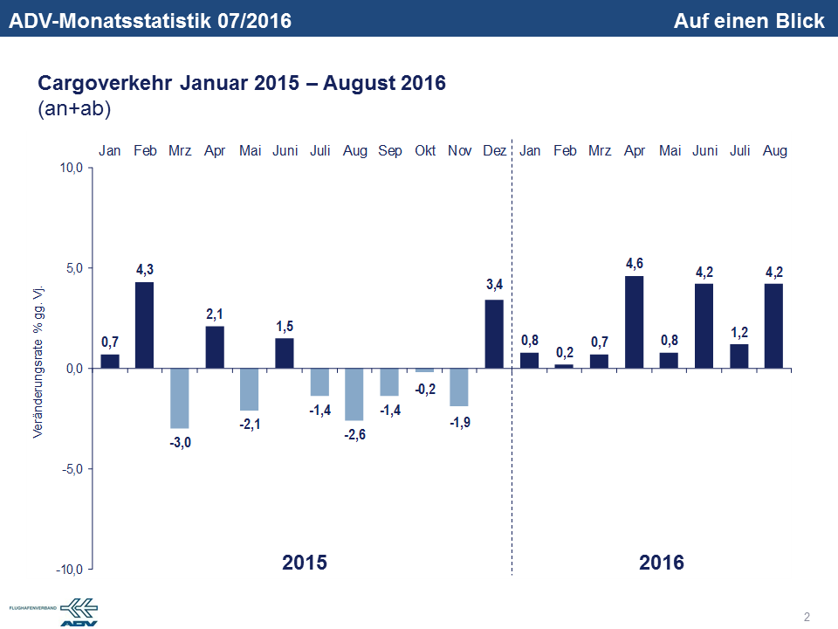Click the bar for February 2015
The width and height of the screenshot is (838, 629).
pos(145,324)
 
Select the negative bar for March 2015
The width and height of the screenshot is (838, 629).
pos(180,397)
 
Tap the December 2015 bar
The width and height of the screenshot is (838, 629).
pos(494,334)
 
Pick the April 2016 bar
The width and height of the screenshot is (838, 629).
pos(635,321)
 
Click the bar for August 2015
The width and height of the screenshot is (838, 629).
pos(354,394)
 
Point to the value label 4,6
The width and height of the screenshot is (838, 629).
pos(635,263)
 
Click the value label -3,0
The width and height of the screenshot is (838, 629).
pos(180,443)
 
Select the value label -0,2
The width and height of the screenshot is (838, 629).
pos(425,389)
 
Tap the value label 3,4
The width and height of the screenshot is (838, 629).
pos(494,285)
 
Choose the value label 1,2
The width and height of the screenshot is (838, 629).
pos(739,331)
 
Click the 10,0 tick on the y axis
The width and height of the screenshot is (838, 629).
pos(70,168)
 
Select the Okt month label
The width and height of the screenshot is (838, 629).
pos(425,151)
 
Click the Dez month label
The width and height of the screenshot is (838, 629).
pos(494,151)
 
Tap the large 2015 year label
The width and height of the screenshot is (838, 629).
pos(305,562)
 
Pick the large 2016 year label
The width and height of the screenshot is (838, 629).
pos(662,562)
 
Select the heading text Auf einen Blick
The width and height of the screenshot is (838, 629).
pos(749,21)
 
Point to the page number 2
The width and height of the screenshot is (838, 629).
pos(807,618)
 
